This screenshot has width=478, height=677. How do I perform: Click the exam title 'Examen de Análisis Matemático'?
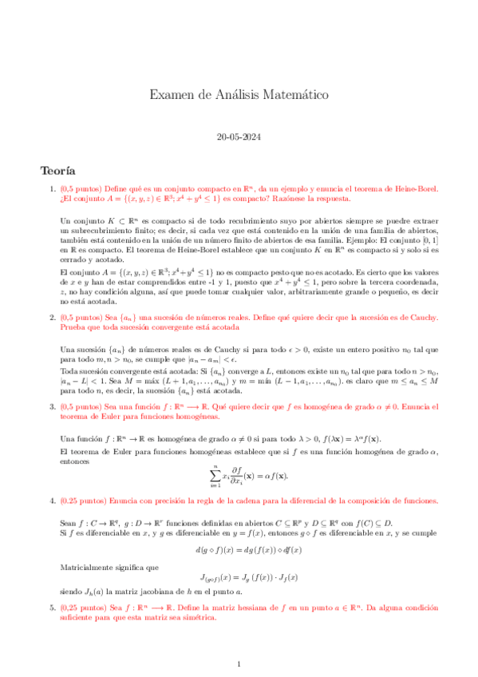(x=239, y=96)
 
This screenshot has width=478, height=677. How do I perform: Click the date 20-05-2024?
(x=239, y=137)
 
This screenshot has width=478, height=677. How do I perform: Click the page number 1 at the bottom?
(x=239, y=664)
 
